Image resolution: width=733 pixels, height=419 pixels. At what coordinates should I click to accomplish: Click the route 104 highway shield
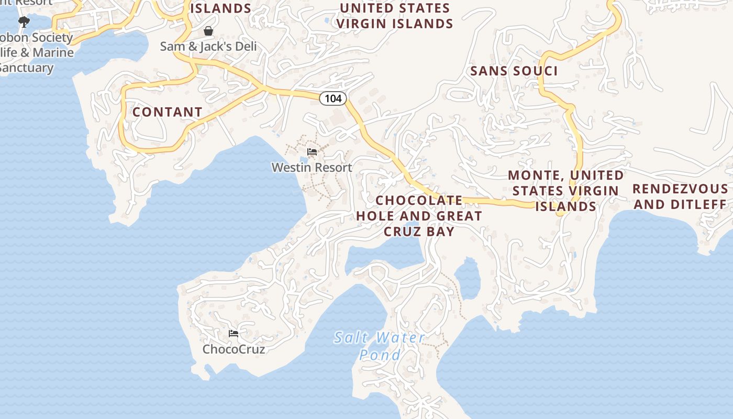coord(333,98)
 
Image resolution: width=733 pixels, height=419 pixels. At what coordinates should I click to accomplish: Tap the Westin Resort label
coord(312,168)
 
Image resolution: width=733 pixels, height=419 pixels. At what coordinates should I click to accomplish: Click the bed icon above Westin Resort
coord(312,152)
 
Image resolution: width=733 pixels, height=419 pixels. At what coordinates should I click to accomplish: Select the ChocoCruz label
coord(234,349)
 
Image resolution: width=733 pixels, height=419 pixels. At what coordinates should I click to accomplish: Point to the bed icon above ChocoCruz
coord(234,334)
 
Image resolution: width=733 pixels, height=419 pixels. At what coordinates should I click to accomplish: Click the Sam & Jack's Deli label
coord(208,47)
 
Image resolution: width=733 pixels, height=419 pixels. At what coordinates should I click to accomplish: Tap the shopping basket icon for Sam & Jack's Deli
coord(208,31)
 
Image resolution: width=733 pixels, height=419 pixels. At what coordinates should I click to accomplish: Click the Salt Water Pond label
coord(380,346)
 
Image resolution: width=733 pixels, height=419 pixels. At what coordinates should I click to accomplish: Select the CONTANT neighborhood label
coord(167,112)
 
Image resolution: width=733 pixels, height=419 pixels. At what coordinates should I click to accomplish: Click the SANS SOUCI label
coord(514,71)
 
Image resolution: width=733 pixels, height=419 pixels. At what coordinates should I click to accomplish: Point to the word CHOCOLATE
coord(419,201)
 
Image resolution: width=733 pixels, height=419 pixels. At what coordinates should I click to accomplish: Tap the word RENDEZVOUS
coord(680,189)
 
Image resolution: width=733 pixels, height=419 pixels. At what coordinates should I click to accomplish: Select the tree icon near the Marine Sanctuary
coord(24,22)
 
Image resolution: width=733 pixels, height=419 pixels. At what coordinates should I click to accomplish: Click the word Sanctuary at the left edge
coord(26,68)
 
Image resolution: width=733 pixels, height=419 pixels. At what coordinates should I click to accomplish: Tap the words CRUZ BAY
coord(419,231)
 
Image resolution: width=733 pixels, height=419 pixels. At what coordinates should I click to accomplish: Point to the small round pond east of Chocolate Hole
coord(468,279)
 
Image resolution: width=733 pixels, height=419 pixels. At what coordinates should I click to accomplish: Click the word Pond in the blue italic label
coord(380,355)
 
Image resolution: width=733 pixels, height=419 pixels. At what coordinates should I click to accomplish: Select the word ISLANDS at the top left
coord(220,8)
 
